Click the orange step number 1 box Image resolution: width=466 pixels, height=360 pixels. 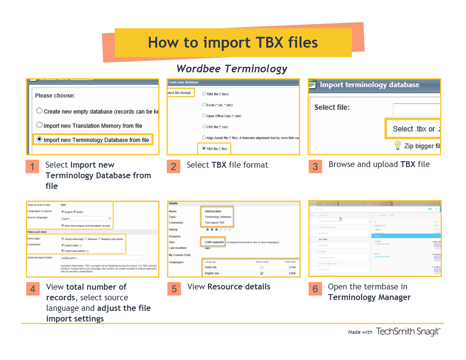point(32,166)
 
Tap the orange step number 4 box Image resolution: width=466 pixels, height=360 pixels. point(33,289)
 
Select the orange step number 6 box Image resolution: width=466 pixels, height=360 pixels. point(315,289)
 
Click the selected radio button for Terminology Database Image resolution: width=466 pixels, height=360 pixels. point(39,139)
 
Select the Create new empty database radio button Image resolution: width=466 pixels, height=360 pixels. point(39,111)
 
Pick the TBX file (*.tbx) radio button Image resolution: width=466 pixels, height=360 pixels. point(204,149)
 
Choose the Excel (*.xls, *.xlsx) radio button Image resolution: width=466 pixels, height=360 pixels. point(204,105)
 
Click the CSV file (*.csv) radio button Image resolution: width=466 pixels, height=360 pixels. point(204,126)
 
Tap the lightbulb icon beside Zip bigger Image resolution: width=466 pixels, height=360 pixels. point(398,145)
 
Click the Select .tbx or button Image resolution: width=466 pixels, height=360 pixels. point(413,129)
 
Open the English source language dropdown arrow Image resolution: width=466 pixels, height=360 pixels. point(110,219)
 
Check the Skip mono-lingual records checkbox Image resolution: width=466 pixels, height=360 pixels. point(63,226)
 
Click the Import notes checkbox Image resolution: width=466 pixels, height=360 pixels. point(63,245)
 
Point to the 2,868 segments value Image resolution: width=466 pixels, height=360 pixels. point(214,242)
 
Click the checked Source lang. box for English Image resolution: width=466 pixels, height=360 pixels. point(262,273)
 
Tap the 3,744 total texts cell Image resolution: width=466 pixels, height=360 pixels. point(292,267)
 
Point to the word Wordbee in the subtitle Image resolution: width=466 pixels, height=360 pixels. point(199,69)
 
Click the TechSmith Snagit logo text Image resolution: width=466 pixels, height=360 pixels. point(408,331)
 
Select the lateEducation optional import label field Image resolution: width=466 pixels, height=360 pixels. point(101,258)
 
